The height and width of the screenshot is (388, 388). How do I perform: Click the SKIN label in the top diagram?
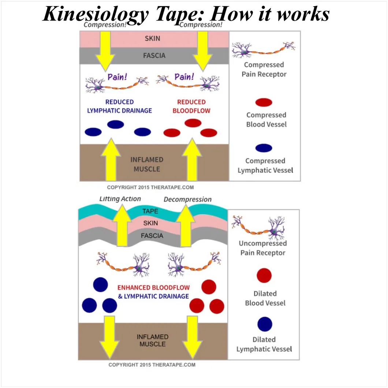pos(152,38)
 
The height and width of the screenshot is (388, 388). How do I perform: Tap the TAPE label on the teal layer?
pos(150,211)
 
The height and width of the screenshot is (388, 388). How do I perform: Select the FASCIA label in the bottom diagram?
pos(152,236)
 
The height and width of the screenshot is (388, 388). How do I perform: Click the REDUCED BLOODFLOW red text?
pos(191,106)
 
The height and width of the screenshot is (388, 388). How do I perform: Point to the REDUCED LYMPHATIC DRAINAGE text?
pos(119,106)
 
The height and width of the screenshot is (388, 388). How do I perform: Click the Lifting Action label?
pos(120,199)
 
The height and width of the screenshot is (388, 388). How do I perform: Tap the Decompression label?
pos(187,199)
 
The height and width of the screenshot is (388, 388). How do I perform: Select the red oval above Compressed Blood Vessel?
pos(264,102)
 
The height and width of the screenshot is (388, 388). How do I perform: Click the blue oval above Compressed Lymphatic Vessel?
pos(264,148)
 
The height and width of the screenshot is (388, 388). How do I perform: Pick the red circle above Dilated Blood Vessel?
pos(264,275)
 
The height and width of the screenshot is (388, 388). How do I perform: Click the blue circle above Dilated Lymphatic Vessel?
pos(265,324)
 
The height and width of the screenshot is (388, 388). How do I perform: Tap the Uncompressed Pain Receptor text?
pos(263,248)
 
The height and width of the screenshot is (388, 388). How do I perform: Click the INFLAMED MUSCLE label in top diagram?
pos(147,164)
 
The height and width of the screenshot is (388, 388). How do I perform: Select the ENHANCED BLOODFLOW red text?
pos(153,288)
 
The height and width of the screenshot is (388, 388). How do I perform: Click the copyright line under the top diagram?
pos(150,187)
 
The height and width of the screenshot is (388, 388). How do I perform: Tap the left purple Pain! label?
pos(117,77)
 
